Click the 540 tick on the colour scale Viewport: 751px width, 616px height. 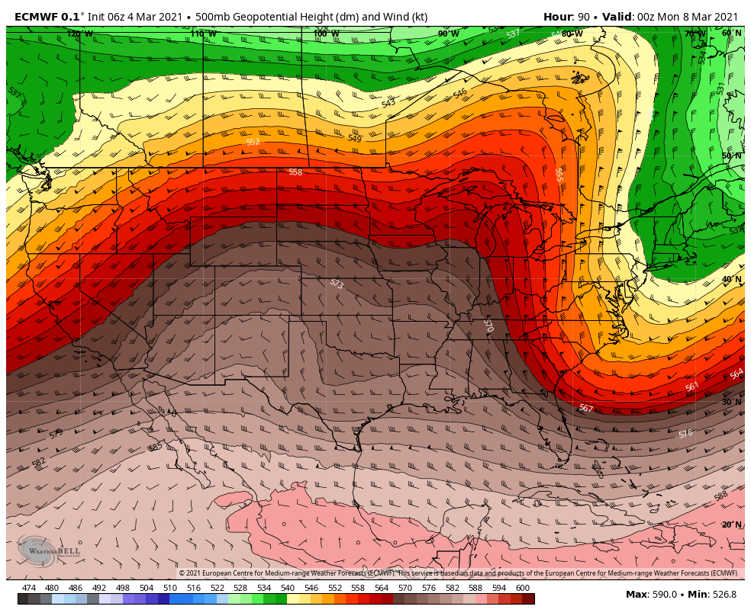[x=288, y=588]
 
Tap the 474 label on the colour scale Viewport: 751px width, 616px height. [x=29, y=588]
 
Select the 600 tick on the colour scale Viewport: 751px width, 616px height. [x=523, y=588]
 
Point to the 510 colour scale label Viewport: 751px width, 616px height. [x=169, y=588]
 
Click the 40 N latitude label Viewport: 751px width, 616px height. [x=731, y=279]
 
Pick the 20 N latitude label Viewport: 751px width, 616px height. [x=731, y=525]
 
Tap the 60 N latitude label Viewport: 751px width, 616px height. [x=731, y=33]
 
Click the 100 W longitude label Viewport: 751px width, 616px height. [x=326, y=34]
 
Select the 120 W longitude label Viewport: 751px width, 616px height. [x=79, y=34]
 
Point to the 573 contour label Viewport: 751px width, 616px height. [x=336, y=284]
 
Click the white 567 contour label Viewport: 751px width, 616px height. [x=585, y=409]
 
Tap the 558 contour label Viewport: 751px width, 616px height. [x=295, y=172]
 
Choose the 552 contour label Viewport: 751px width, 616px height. [x=253, y=142]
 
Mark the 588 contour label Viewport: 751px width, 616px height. [x=720, y=496]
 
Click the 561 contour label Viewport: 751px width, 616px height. [x=692, y=387]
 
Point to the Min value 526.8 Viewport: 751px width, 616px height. [x=723, y=595]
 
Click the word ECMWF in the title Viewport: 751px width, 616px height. [x=36, y=17]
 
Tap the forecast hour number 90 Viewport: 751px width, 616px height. [x=584, y=17]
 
